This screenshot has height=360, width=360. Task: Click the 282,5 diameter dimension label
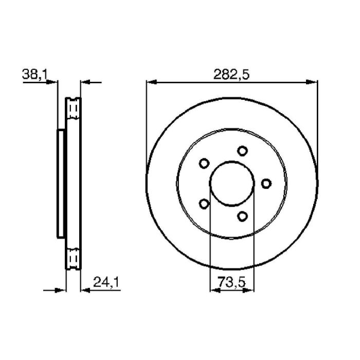pyautogui.click(x=231, y=75)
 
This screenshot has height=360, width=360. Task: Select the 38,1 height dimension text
pyautogui.click(x=34, y=75)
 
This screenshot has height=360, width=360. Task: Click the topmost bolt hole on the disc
pyautogui.click(x=242, y=151)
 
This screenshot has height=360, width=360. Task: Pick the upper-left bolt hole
pyautogui.click(x=204, y=164)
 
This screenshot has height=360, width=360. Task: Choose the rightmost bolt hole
pyautogui.click(x=266, y=184)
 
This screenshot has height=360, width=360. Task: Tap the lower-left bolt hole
pyautogui.click(x=204, y=204)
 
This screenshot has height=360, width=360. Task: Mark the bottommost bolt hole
pyautogui.click(x=242, y=217)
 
